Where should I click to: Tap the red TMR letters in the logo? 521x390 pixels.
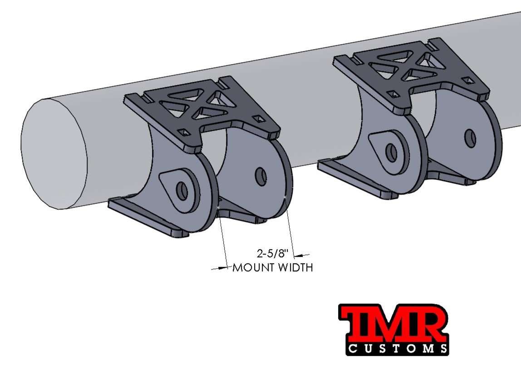[393, 324]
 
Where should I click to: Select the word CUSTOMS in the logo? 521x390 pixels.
[398, 349]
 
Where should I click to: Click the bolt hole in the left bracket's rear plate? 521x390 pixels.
[260, 176]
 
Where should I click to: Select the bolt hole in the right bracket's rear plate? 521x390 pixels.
[470, 137]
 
